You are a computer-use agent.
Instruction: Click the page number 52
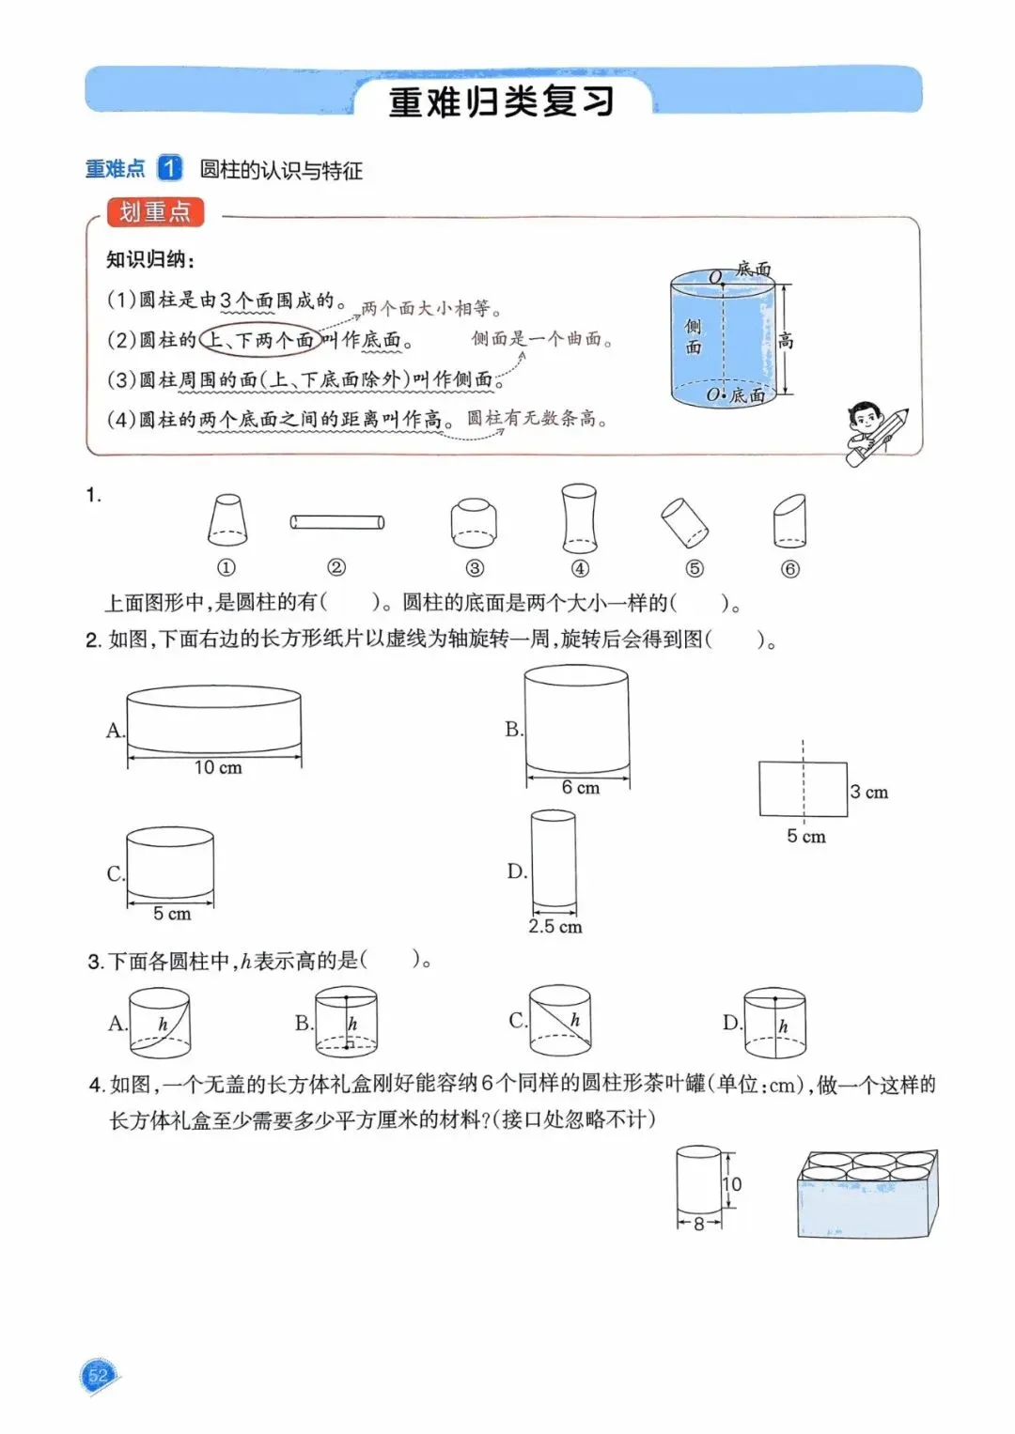click(x=98, y=1377)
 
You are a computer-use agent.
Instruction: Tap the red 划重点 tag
click(x=155, y=212)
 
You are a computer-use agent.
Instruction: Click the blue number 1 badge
click(x=169, y=168)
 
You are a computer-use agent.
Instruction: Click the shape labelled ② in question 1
click(x=336, y=522)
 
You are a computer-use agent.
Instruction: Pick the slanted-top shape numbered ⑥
click(x=789, y=521)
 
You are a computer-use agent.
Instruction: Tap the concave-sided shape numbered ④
click(x=579, y=518)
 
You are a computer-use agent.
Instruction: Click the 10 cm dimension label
click(x=218, y=768)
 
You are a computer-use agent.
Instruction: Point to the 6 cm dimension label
click(x=580, y=788)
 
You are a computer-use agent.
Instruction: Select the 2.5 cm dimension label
click(x=554, y=927)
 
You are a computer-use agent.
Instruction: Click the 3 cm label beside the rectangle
click(x=868, y=792)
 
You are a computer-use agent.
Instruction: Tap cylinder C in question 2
click(x=170, y=863)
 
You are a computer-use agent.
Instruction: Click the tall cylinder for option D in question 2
click(x=554, y=859)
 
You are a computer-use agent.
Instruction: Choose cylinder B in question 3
click(x=346, y=1021)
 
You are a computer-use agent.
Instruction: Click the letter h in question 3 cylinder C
click(x=575, y=1020)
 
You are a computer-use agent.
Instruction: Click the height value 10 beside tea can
click(x=732, y=1184)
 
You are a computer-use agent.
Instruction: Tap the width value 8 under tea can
click(x=698, y=1224)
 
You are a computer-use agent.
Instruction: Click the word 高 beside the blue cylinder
click(x=786, y=342)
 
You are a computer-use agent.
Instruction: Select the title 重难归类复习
click(x=502, y=101)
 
